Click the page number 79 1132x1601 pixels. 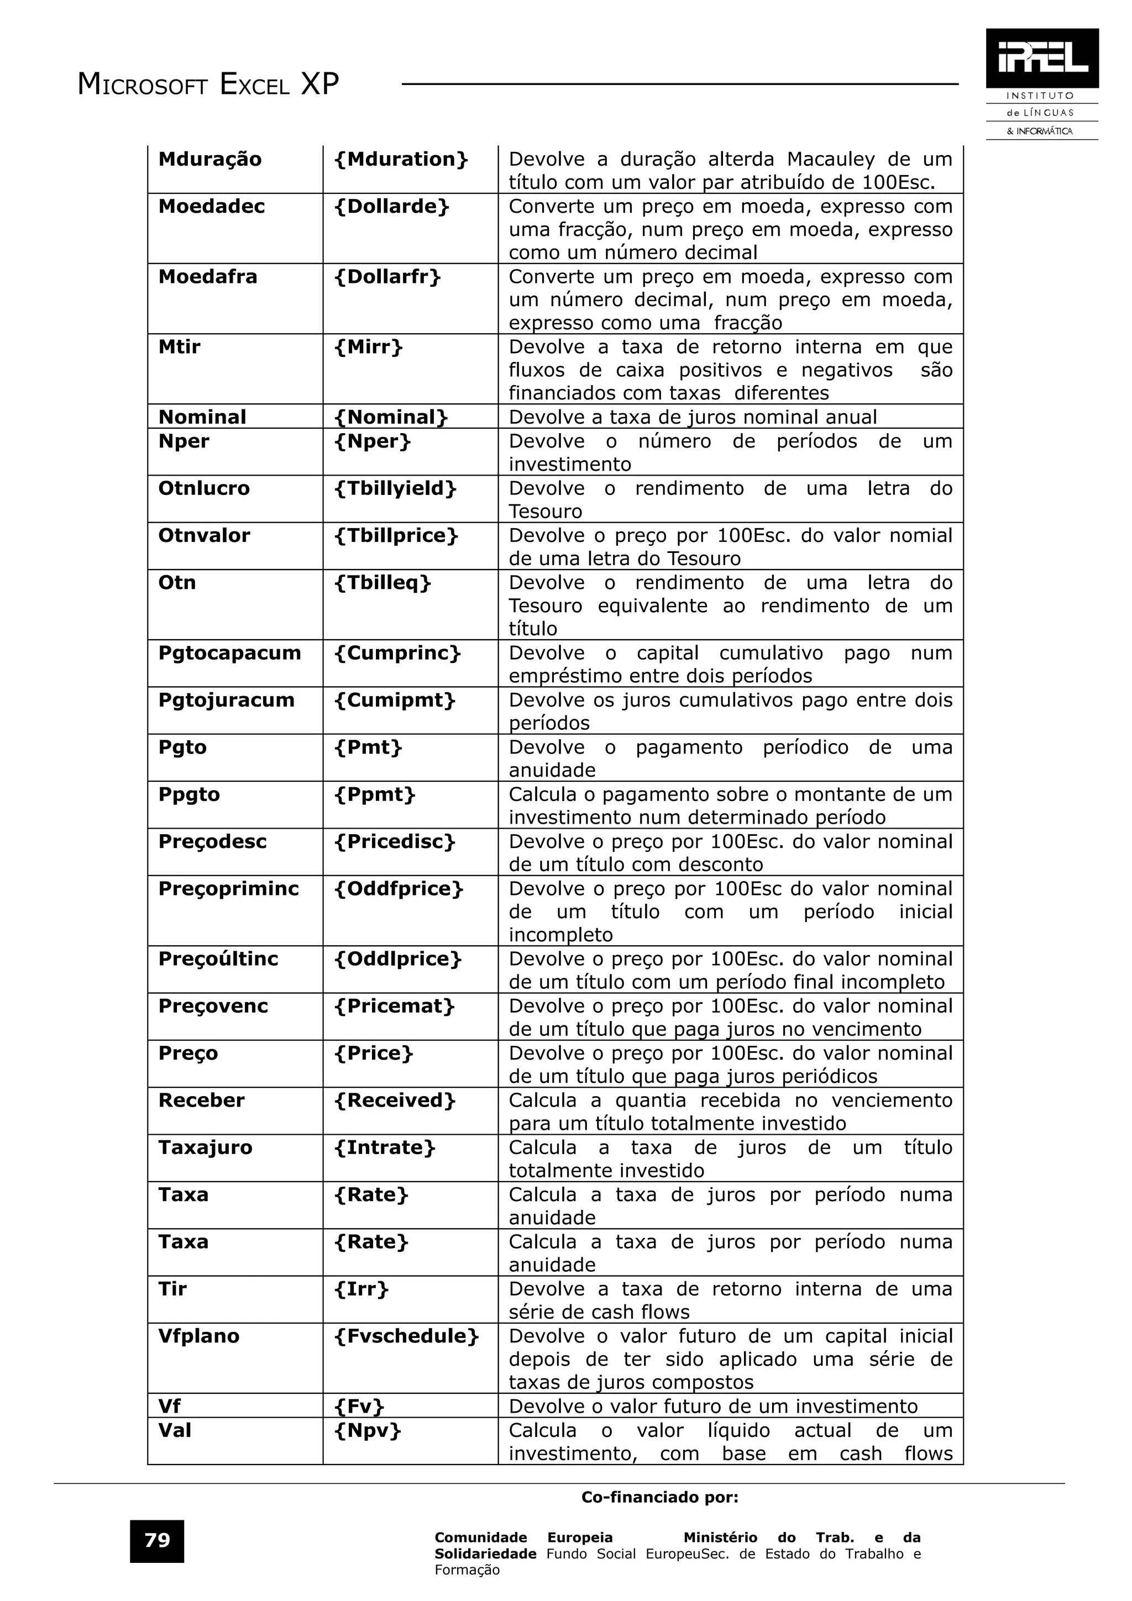click(157, 1540)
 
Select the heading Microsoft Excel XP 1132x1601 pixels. click(208, 85)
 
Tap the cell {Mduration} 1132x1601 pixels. click(401, 160)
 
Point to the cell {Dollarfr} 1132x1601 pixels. click(388, 277)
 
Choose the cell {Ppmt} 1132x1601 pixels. click(375, 794)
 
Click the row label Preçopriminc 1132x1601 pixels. click(228, 888)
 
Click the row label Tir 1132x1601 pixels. click(172, 1289)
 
